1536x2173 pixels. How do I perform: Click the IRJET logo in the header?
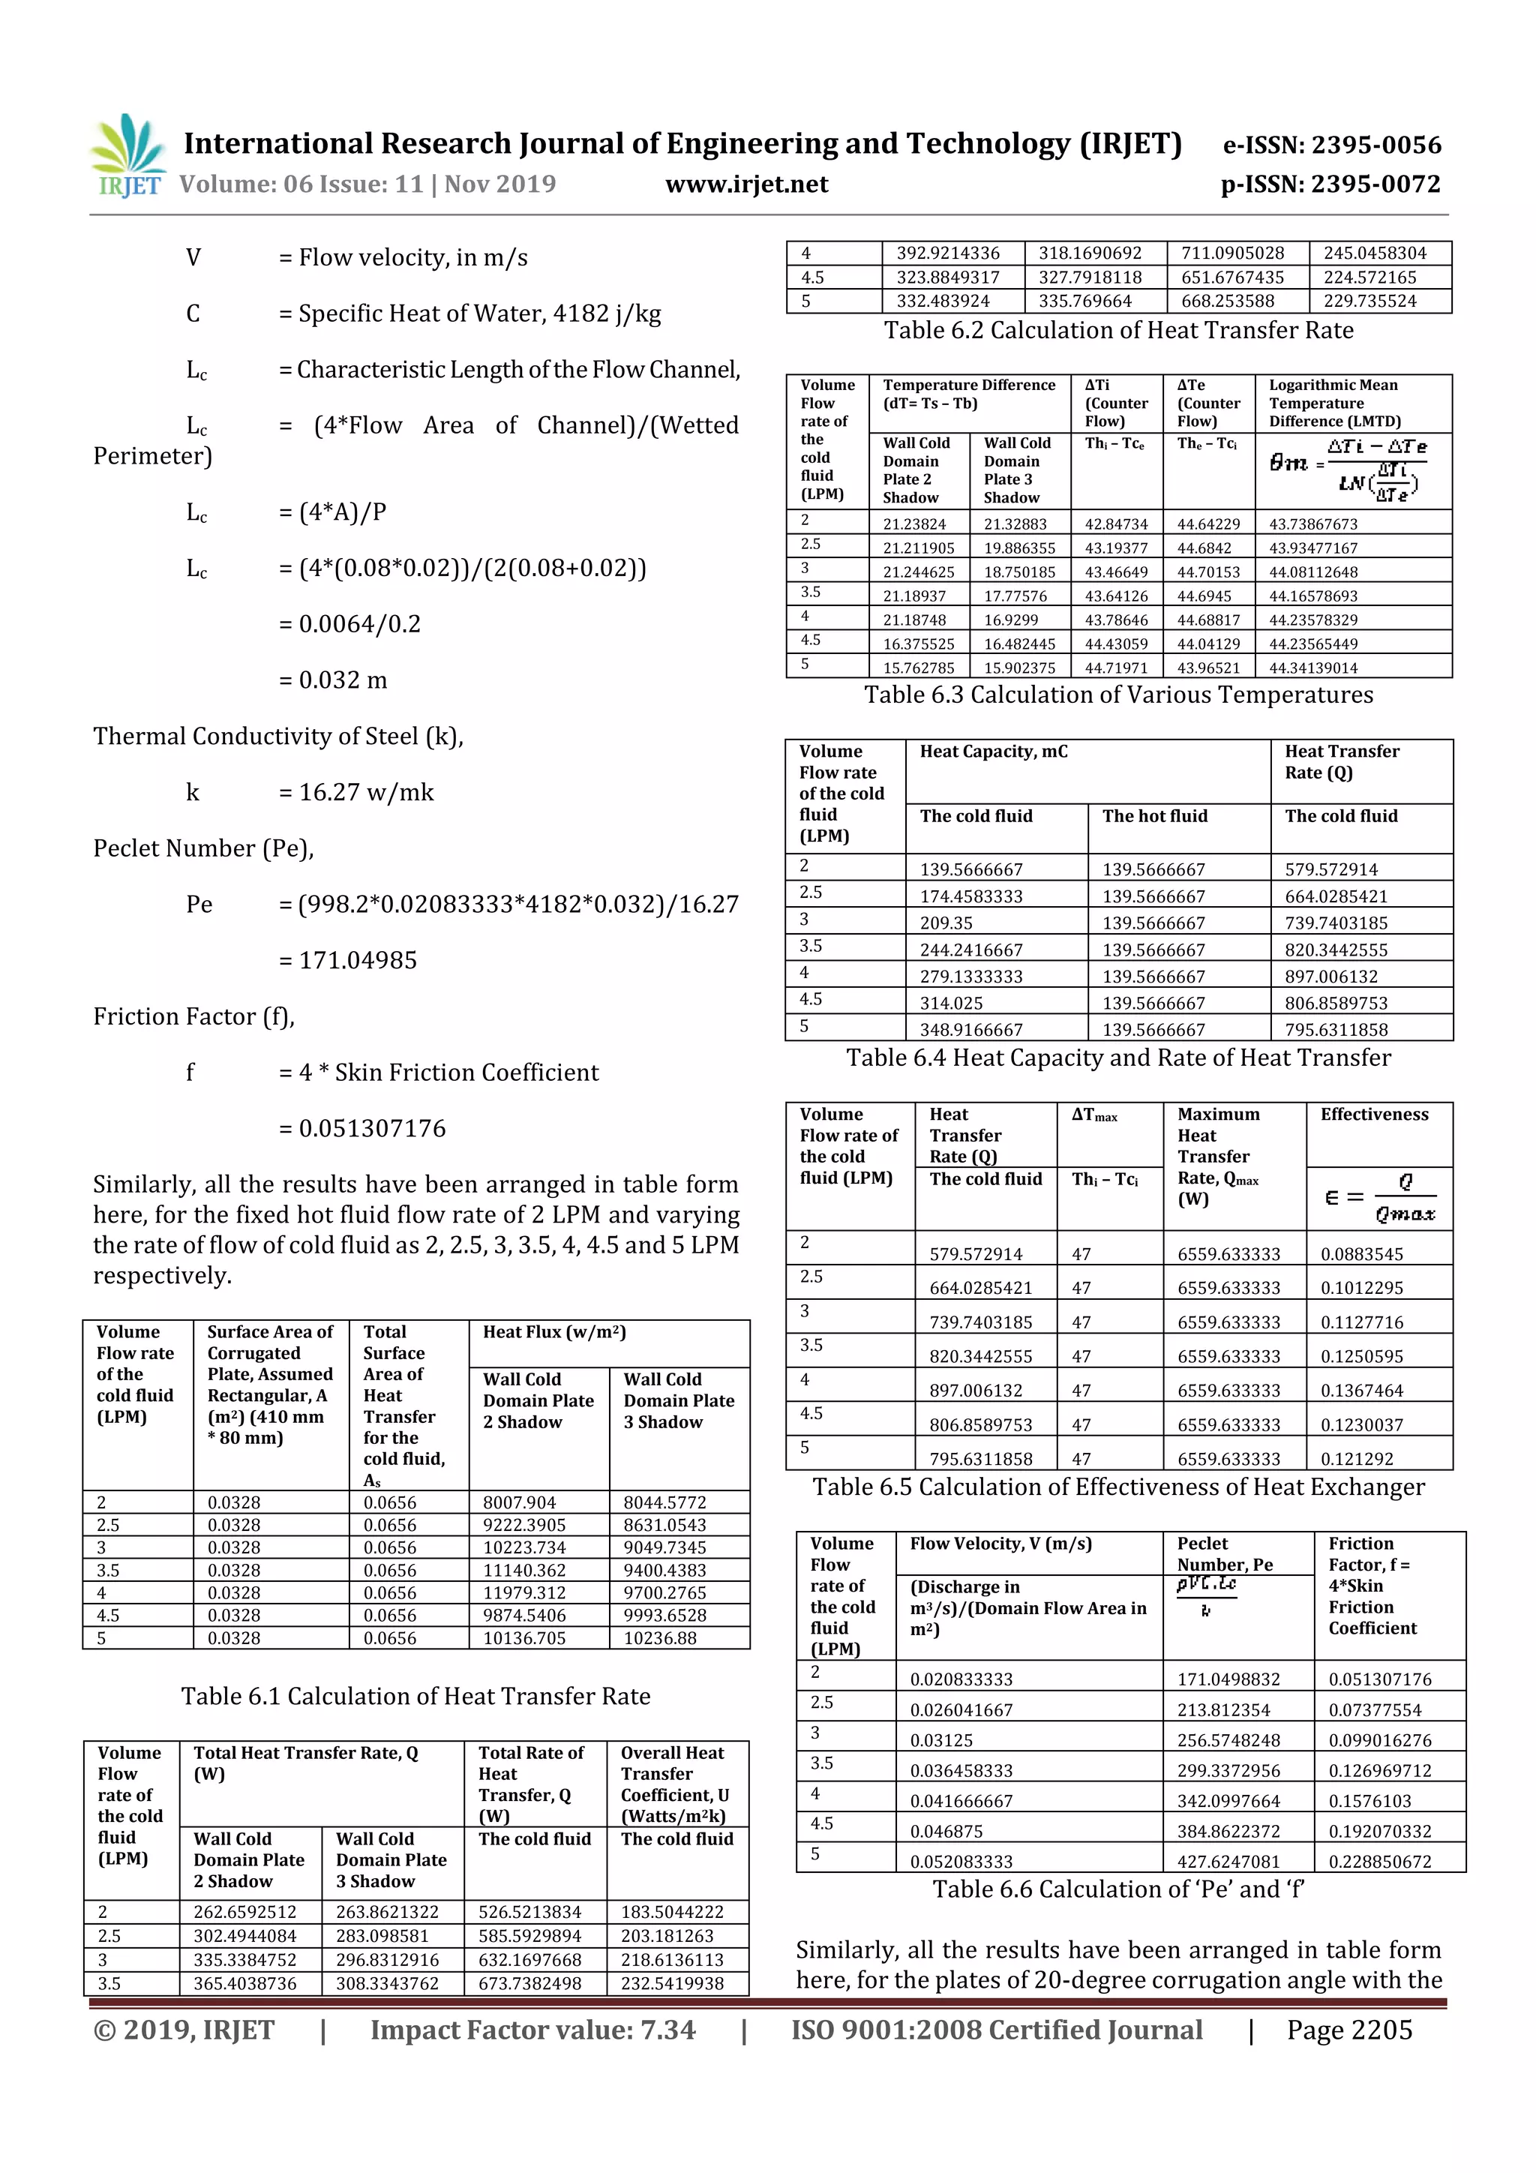127,156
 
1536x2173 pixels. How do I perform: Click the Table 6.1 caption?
415,1696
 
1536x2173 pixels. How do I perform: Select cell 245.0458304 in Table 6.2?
1374,253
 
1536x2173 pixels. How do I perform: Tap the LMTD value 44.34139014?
1312,668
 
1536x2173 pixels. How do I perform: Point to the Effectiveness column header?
1374,1115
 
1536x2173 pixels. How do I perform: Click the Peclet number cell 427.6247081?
1228,1861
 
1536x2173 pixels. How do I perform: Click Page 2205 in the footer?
1348,2030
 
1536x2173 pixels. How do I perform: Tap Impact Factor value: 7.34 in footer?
532,2030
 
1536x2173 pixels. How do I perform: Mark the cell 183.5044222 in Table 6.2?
671,1912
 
